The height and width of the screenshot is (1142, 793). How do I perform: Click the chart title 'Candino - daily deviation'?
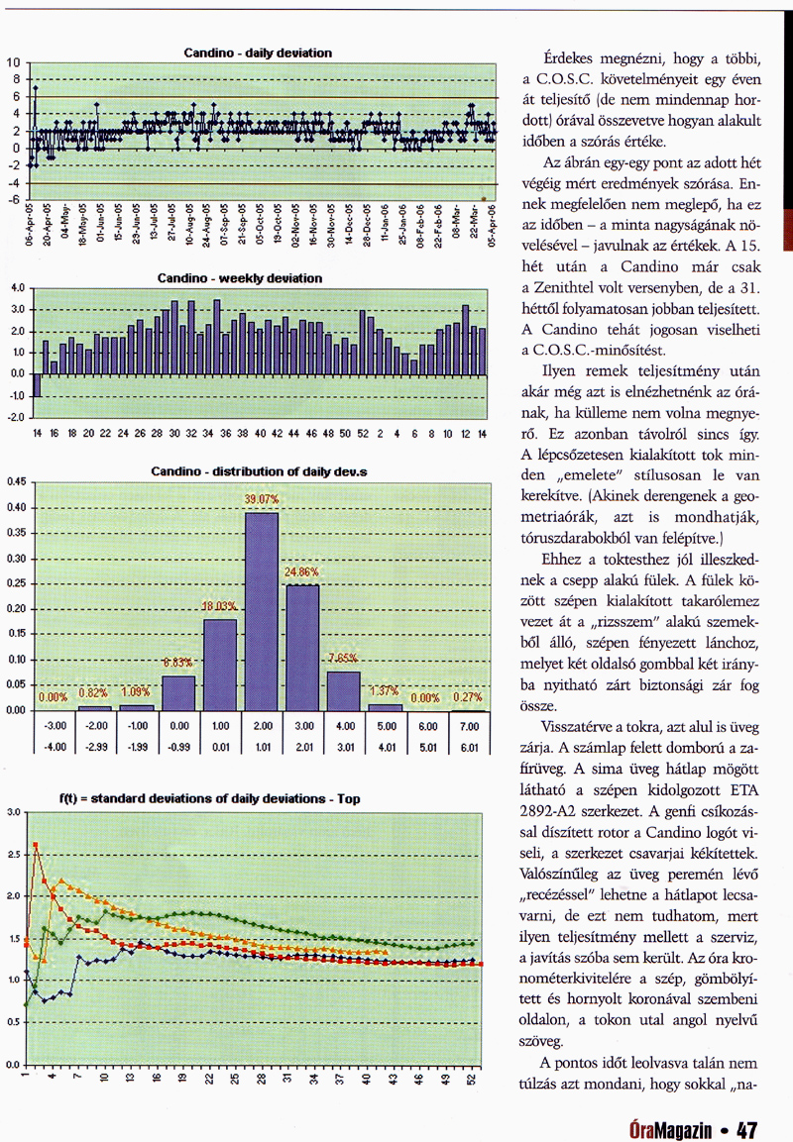click(258, 52)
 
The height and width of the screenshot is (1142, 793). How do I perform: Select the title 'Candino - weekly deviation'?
click(240, 278)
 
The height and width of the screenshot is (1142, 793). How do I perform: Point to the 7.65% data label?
click(343, 659)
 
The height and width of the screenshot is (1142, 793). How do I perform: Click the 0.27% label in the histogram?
click(467, 696)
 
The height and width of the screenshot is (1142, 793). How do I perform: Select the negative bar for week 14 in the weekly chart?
click(38, 384)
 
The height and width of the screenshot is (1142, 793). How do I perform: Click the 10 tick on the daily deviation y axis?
click(14, 62)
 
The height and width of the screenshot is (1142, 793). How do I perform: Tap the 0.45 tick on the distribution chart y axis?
click(15, 482)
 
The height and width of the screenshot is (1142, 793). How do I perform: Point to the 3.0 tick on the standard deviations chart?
click(13, 812)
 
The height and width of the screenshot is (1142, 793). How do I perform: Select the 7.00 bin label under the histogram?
click(468, 726)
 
